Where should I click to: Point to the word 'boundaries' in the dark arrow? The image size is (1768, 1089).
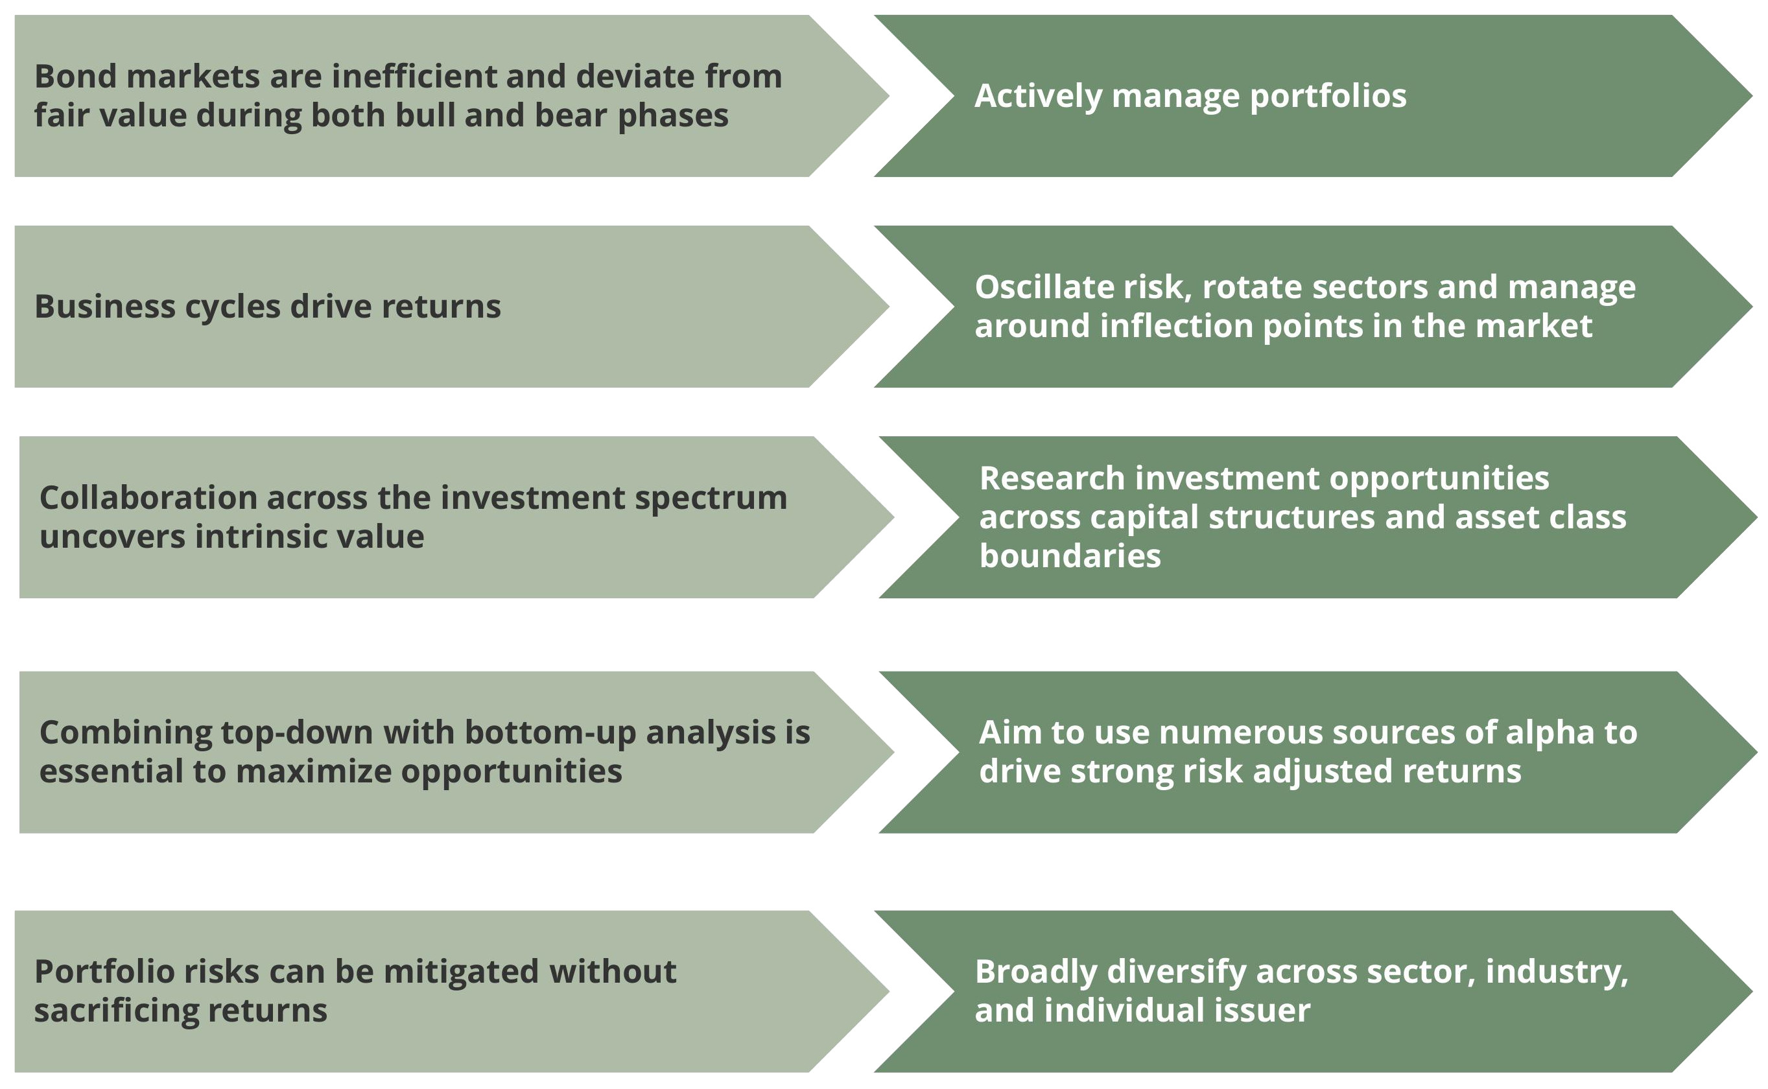click(x=1070, y=556)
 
